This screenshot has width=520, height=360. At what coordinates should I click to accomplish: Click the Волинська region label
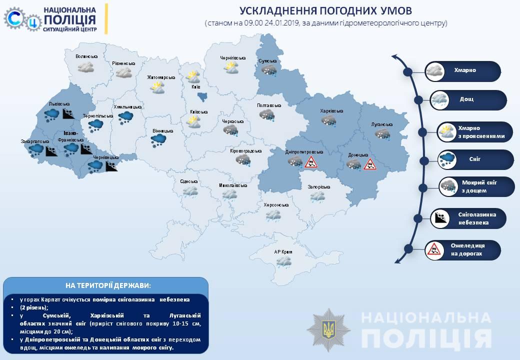[86, 57]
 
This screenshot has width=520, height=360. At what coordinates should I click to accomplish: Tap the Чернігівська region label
[233, 58]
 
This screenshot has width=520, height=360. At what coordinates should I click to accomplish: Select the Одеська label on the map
[189, 181]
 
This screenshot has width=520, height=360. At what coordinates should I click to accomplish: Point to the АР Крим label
[283, 252]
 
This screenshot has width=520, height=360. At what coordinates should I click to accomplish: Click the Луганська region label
[382, 124]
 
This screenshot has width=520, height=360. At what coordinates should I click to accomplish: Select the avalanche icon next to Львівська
[68, 113]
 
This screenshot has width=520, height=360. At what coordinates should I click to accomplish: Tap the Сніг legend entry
[475, 159]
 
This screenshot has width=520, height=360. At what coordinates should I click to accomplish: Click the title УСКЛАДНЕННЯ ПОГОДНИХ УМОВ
[325, 11]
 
